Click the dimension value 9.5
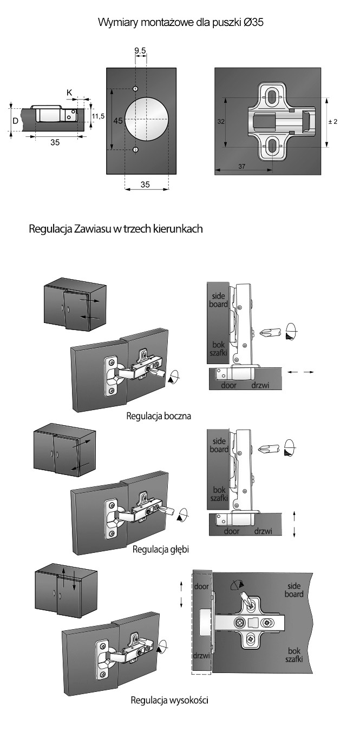(x=140, y=51)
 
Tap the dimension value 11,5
(x=98, y=116)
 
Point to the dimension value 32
(x=221, y=122)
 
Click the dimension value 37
(x=241, y=167)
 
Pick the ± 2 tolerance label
(x=333, y=122)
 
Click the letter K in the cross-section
(x=69, y=93)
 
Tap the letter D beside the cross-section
(x=15, y=121)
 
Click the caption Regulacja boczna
(x=159, y=416)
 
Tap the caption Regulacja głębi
(x=164, y=549)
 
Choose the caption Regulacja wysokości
(x=169, y=700)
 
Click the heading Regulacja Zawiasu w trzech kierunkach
(x=116, y=229)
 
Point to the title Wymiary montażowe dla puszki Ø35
(x=180, y=23)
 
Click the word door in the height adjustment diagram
(x=201, y=586)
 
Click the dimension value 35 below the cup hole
(x=145, y=184)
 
